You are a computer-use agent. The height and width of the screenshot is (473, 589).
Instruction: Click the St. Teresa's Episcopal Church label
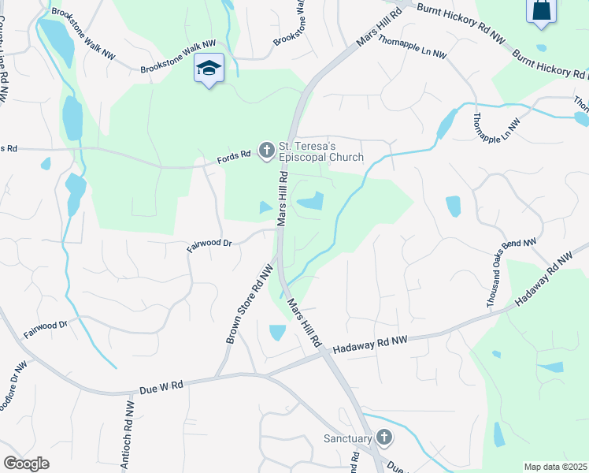(320, 151)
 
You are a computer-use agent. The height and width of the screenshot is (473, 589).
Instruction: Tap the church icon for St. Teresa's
(267, 149)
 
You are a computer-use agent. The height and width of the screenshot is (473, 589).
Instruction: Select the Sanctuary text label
(347, 438)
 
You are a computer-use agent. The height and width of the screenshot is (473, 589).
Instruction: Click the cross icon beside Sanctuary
(383, 437)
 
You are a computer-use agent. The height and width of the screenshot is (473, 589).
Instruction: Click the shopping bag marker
(542, 10)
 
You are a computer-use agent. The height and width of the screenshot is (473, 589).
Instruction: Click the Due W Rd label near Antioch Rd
(161, 386)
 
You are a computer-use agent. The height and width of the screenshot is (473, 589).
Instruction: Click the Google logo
(26, 464)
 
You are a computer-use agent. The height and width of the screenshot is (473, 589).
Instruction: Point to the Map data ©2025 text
(556, 467)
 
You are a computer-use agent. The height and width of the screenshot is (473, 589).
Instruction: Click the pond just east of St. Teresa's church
(311, 202)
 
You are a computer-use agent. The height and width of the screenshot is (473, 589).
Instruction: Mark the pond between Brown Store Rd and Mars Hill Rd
(277, 333)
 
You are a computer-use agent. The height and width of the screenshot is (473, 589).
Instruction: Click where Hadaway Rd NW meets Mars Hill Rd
(322, 352)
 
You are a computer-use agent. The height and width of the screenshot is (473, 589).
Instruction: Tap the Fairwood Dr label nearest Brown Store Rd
(209, 245)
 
